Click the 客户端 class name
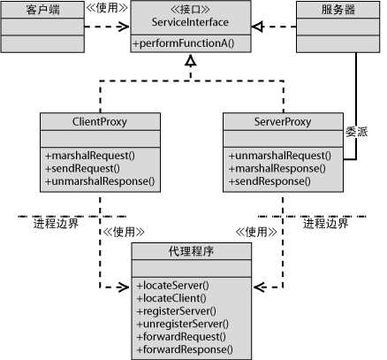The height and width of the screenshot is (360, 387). coord(42,10)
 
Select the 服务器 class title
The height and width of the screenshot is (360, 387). coord(338,10)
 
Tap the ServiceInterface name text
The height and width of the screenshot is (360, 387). coord(190,22)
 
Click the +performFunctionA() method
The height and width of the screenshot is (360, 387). coord(184,43)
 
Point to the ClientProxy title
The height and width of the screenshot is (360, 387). coord(100,122)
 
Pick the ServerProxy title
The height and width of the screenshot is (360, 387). coord(283,122)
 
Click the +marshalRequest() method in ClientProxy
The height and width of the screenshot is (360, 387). coord(90,156)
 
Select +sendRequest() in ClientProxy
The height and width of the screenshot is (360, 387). coord(82,168)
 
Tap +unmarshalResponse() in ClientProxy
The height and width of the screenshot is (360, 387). coord(100,181)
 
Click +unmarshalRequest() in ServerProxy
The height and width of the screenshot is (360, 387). coord(280,156)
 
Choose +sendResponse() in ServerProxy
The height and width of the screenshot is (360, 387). coord(269,181)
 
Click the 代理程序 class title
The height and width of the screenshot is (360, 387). coord(191,251)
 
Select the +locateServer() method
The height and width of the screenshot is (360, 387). coord(173,286)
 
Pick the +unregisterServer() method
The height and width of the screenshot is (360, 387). coord(183,324)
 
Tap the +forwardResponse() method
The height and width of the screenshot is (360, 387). coord(185,349)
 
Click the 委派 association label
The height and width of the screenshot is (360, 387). coord(357,132)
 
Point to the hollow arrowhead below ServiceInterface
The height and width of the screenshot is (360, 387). coord(191,60)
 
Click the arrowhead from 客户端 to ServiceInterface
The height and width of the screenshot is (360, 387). coord(124,27)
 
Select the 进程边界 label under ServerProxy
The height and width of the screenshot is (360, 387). coord(326,224)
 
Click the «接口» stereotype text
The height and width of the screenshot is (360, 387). coord(190,10)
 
